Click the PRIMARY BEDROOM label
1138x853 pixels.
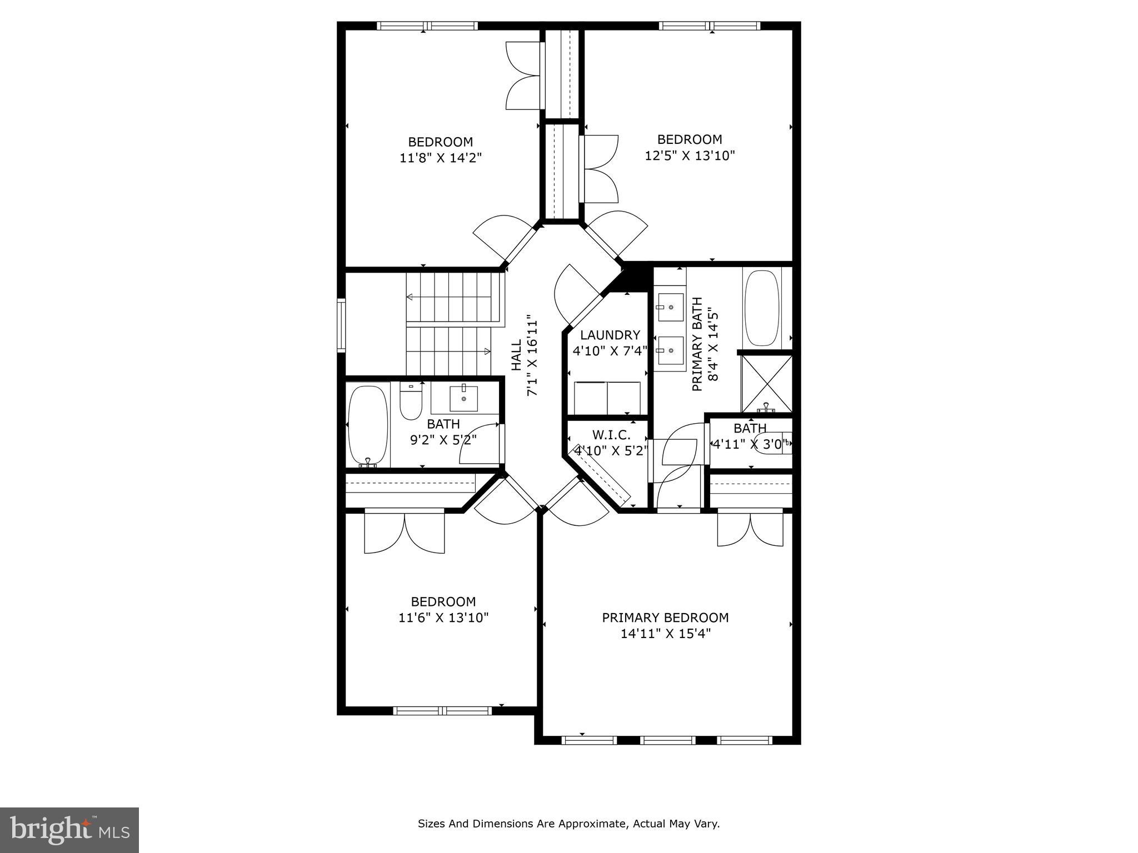coord(665,618)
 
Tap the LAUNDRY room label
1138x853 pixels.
coord(610,335)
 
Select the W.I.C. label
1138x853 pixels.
coord(611,435)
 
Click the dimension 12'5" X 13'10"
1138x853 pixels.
coord(690,155)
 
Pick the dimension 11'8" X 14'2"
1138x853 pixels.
coord(440,158)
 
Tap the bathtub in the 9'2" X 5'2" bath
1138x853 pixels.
coord(367,425)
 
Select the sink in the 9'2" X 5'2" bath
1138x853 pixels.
coord(462,398)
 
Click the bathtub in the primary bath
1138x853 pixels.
coord(762,308)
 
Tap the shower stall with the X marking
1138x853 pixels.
coord(767,383)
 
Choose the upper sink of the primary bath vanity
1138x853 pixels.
coord(671,307)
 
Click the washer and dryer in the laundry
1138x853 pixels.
coord(607,398)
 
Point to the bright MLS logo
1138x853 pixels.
coord(69,830)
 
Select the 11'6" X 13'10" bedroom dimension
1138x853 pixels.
coord(443,618)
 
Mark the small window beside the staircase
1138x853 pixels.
coord(341,325)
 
